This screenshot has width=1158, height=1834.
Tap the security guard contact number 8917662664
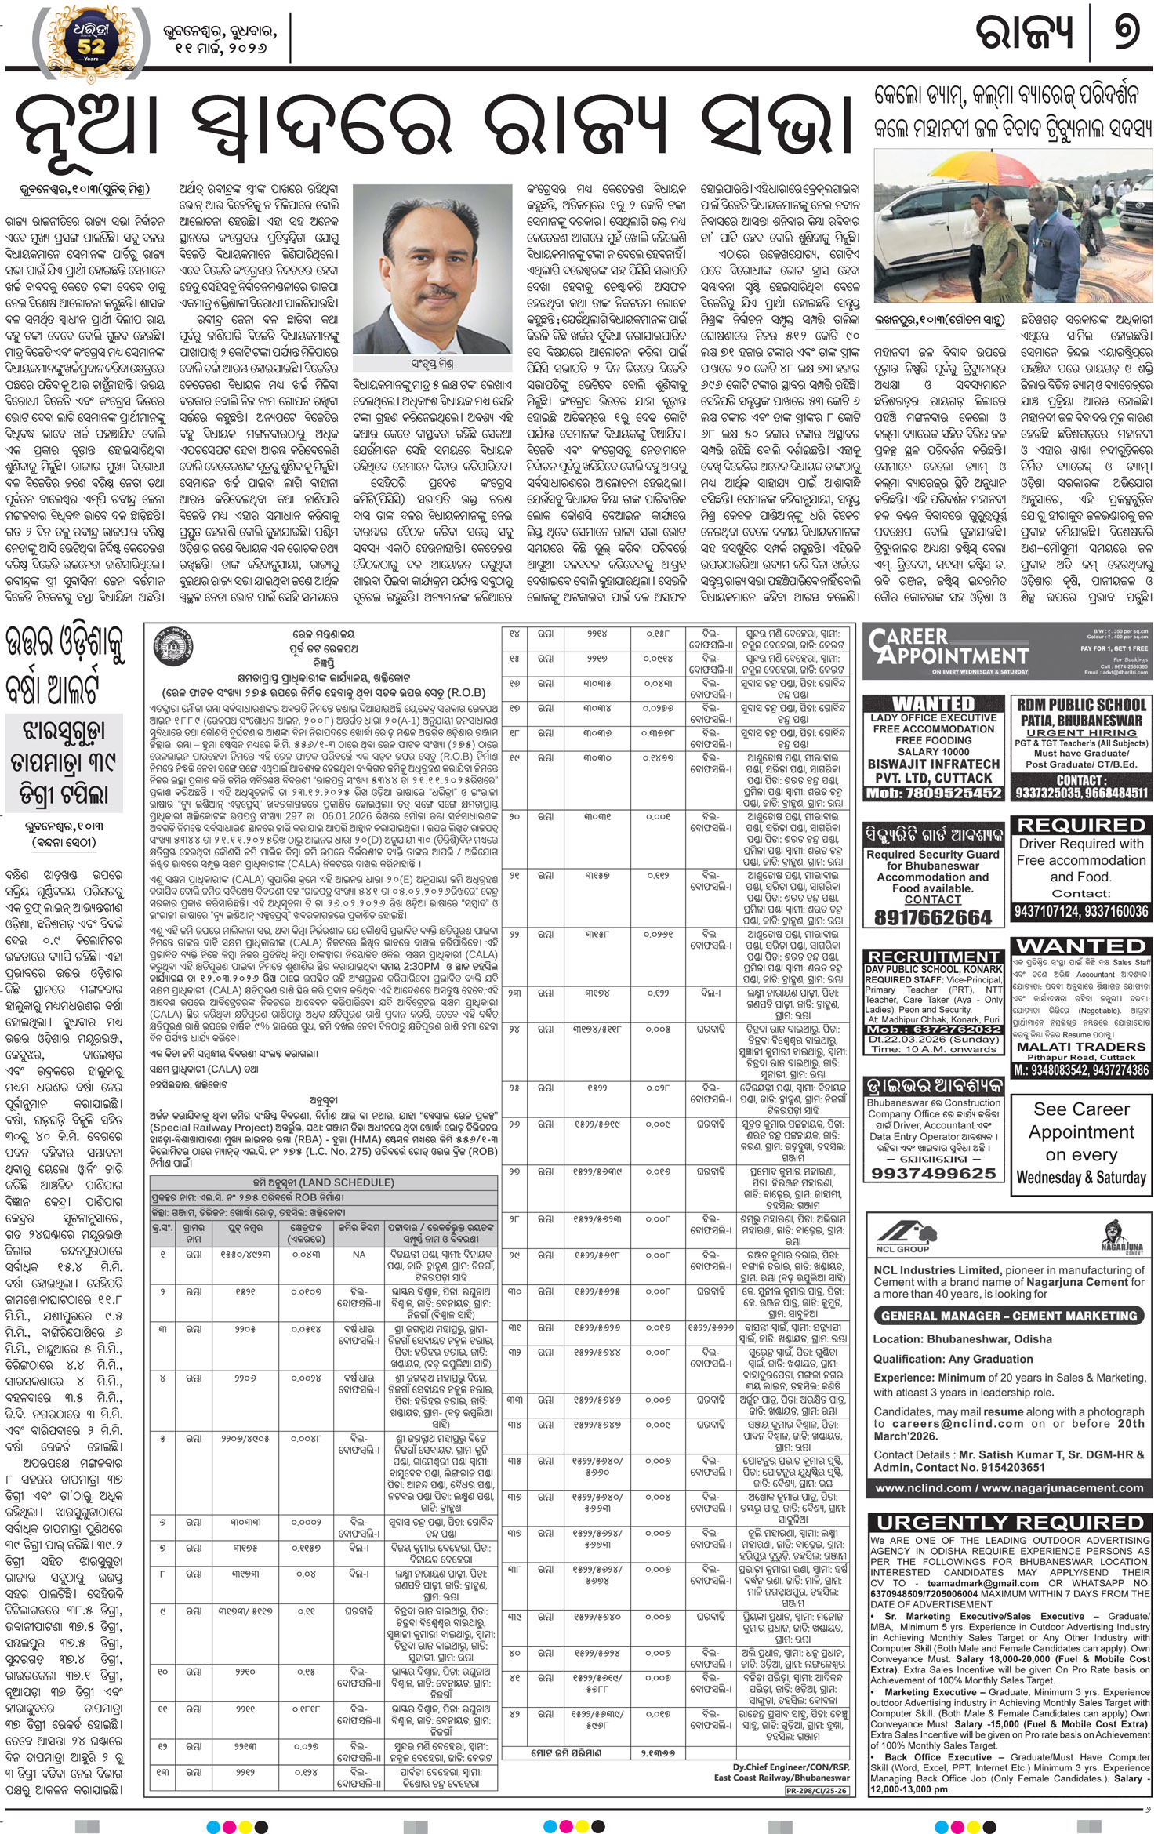tap(932, 917)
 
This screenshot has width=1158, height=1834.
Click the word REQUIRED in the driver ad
tap(1080, 825)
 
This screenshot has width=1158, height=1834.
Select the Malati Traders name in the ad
tap(1080, 1047)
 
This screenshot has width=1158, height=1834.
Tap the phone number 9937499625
tap(933, 1173)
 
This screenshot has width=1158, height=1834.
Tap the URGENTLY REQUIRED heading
tap(1009, 1523)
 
